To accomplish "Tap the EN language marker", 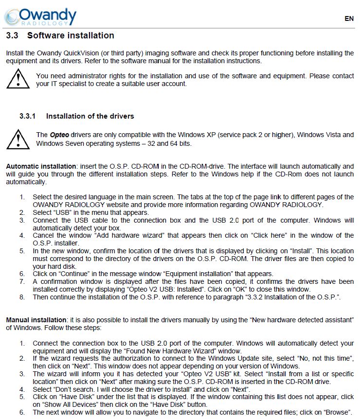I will (349, 18).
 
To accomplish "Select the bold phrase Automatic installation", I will (41, 166).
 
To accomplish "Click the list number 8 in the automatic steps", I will (22, 297).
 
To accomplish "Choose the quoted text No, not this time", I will (314, 358).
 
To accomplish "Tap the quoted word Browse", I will (337, 412).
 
